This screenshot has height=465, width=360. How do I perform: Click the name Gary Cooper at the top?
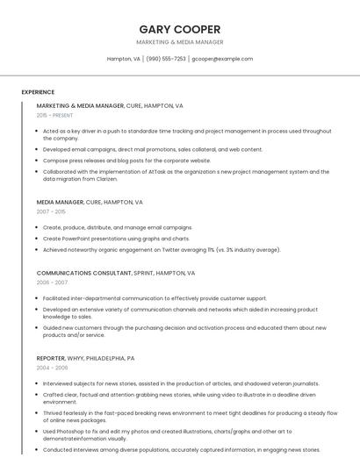click(x=180, y=29)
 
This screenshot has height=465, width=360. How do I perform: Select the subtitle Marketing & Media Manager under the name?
click(x=180, y=42)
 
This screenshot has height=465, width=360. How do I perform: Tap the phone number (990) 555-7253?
click(x=166, y=59)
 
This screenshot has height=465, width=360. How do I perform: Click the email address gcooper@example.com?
click(x=222, y=59)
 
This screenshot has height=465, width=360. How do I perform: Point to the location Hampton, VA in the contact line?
click(x=124, y=59)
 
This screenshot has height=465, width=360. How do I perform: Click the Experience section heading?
click(x=38, y=91)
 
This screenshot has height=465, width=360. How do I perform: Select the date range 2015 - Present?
click(x=54, y=115)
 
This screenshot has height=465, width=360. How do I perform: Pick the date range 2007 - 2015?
click(x=51, y=211)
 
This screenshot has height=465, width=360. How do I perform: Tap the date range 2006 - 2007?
click(x=52, y=283)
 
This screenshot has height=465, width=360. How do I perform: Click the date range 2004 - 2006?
click(x=52, y=368)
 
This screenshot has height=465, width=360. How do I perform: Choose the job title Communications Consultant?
click(x=83, y=273)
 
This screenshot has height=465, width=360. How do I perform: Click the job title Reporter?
click(x=51, y=358)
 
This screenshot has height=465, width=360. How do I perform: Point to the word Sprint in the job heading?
click(x=142, y=273)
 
